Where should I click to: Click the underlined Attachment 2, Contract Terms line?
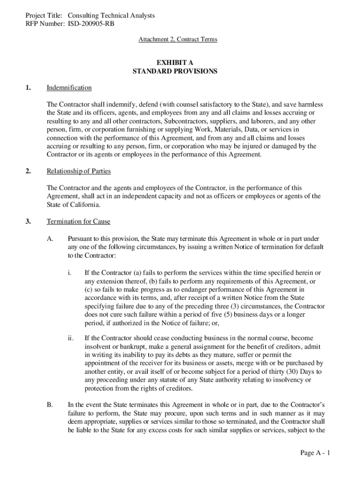click(178, 40)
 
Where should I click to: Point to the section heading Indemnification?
click(69, 88)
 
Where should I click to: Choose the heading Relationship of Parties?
click(79, 172)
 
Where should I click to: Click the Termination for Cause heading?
click(79, 222)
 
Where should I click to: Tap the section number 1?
click(28, 88)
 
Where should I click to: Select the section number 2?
click(28, 172)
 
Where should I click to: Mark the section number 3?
click(28, 222)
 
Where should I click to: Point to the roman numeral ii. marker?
click(71, 338)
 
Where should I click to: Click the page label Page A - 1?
click(316, 453)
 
